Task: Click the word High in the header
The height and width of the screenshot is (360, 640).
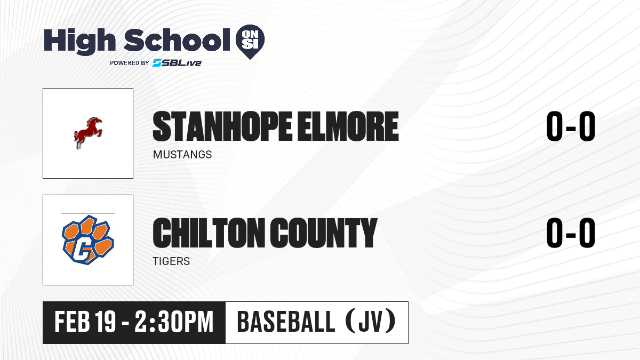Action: pyautogui.click(x=79, y=41)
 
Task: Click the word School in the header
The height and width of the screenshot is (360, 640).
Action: pyautogui.click(x=177, y=39)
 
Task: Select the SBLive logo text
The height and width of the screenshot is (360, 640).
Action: pyautogui.click(x=177, y=63)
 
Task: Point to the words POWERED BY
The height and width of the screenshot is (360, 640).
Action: pyautogui.click(x=130, y=63)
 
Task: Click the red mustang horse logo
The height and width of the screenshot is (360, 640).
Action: pyautogui.click(x=87, y=133)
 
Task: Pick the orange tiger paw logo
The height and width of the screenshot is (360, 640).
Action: pyautogui.click(x=87, y=239)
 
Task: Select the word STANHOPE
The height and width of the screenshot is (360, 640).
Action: pyautogui.click(x=222, y=126)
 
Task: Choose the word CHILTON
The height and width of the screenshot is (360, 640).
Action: pyautogui.click(x=209, y=233)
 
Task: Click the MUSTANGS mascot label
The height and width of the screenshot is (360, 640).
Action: pyautogui.click(x=182, y=155)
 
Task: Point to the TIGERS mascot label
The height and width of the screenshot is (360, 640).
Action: pyautogui.click(x=171, y=261)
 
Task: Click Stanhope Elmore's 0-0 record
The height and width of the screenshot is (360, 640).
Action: pyautogui.click(x=571, y=126)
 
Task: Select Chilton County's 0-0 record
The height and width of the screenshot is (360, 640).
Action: pyautogui.click(x=571, y=233)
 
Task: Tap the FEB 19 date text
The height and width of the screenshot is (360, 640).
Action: pyautogui.click(x=85, y=322)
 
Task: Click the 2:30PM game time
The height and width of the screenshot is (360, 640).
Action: pyautogui.click(x=174, y=322)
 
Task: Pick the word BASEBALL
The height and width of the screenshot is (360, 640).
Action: pyautogui.click(x=286, y=322)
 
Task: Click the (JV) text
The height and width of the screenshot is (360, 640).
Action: pyautogui.click(x=371, y=322)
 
